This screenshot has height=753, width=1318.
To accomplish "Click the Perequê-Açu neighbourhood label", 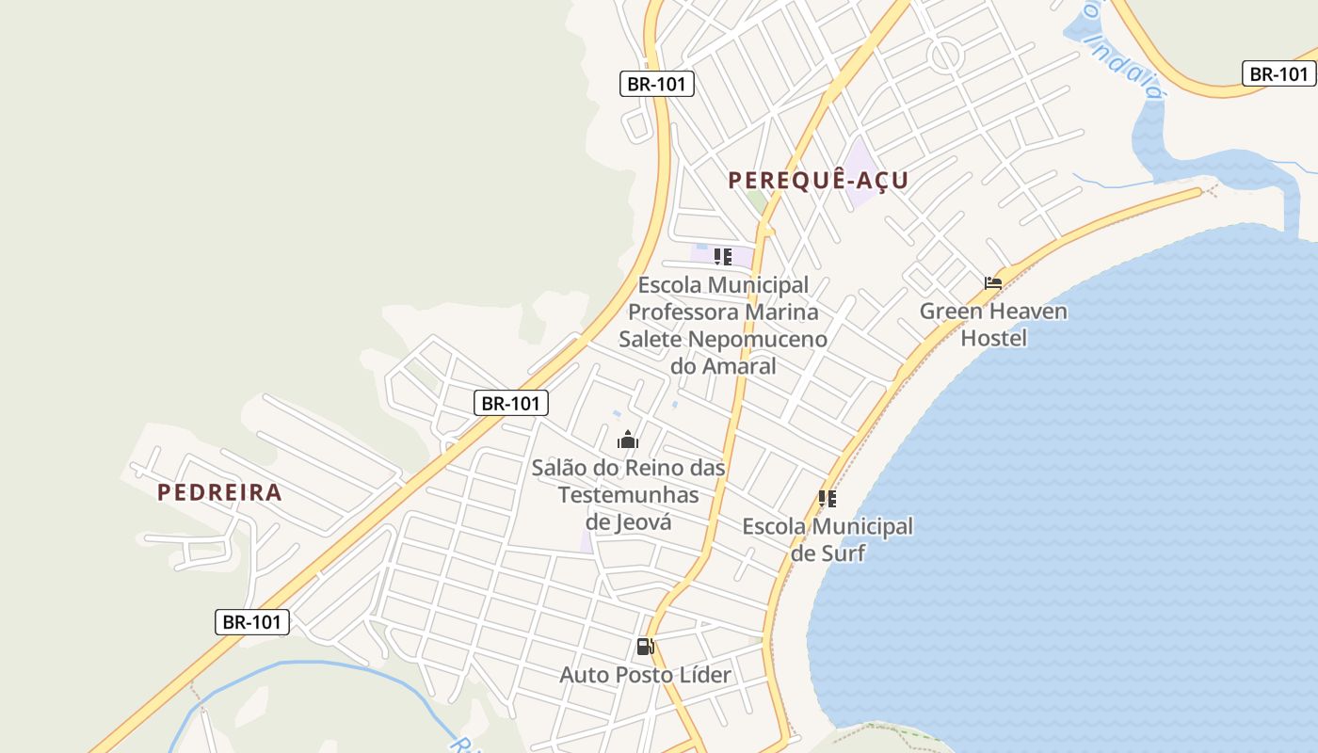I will tap(818, 180).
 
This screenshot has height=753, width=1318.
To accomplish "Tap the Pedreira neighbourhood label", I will tap(219, 492).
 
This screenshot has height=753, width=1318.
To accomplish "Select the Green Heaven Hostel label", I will tap(993, 324).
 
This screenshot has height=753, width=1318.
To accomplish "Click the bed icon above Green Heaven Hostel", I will tap(992, 282).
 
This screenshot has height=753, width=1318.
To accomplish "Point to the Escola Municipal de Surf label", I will tap(828, 539).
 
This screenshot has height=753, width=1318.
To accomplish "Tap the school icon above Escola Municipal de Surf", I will tap(828, 498).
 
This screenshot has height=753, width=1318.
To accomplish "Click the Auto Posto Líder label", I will tap(645, 675).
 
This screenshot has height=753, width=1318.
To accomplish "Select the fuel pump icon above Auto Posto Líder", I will tap(645, 647).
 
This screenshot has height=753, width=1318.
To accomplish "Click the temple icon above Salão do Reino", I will tap(628, 440).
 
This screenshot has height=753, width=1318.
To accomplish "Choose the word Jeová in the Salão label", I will tap(644, 521).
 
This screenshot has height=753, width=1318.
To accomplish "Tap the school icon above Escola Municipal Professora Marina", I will tap(722, 256).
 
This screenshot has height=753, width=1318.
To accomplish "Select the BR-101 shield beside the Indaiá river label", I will tap(1278, 73).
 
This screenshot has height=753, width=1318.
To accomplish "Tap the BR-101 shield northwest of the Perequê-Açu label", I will tap(657, 83).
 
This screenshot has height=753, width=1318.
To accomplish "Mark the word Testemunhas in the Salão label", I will tap(628, 494).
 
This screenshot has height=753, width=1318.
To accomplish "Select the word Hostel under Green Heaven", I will tap(993, 338).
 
